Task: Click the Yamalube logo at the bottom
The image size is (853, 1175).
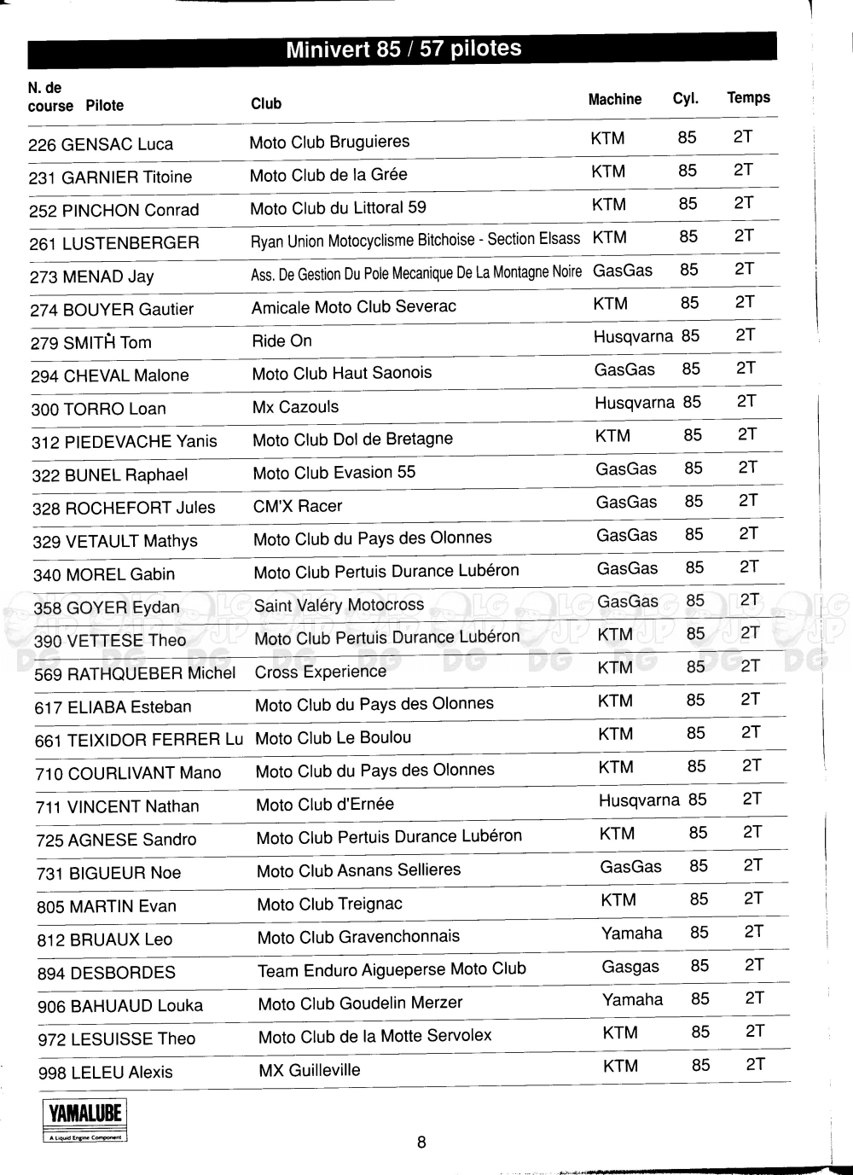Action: pos(84,1120)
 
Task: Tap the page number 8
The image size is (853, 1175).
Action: pos(421,1142)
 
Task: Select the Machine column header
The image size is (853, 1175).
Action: pos(614,99)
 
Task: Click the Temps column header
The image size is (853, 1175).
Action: pos(748,97)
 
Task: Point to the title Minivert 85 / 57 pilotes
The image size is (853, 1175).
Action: pos(403,49)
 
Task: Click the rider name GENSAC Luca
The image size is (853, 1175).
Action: pos(117,144)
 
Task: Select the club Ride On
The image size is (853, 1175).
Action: pos(281,340)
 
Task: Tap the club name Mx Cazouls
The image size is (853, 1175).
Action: pos(295,407)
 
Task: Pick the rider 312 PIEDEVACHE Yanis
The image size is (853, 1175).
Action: pos(125,442)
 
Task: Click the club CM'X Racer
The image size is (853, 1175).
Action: pos(297,506)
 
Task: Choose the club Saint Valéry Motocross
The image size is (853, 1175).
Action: pos(339,605)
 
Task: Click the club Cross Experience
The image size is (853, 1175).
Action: pos(320,672)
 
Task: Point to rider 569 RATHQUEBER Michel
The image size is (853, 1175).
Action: pos(135,673)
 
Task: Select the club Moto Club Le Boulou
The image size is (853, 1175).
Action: pos(333,738)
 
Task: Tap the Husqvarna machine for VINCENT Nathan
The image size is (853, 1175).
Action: pos(639,800)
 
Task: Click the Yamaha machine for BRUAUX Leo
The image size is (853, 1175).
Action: pos(631,934)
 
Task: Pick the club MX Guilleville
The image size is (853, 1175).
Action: pos(309,1070)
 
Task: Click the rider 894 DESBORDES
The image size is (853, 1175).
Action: pos(107,973)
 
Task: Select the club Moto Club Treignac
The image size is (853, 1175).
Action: pos(329,904)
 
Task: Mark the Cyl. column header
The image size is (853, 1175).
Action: pos(685,98)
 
